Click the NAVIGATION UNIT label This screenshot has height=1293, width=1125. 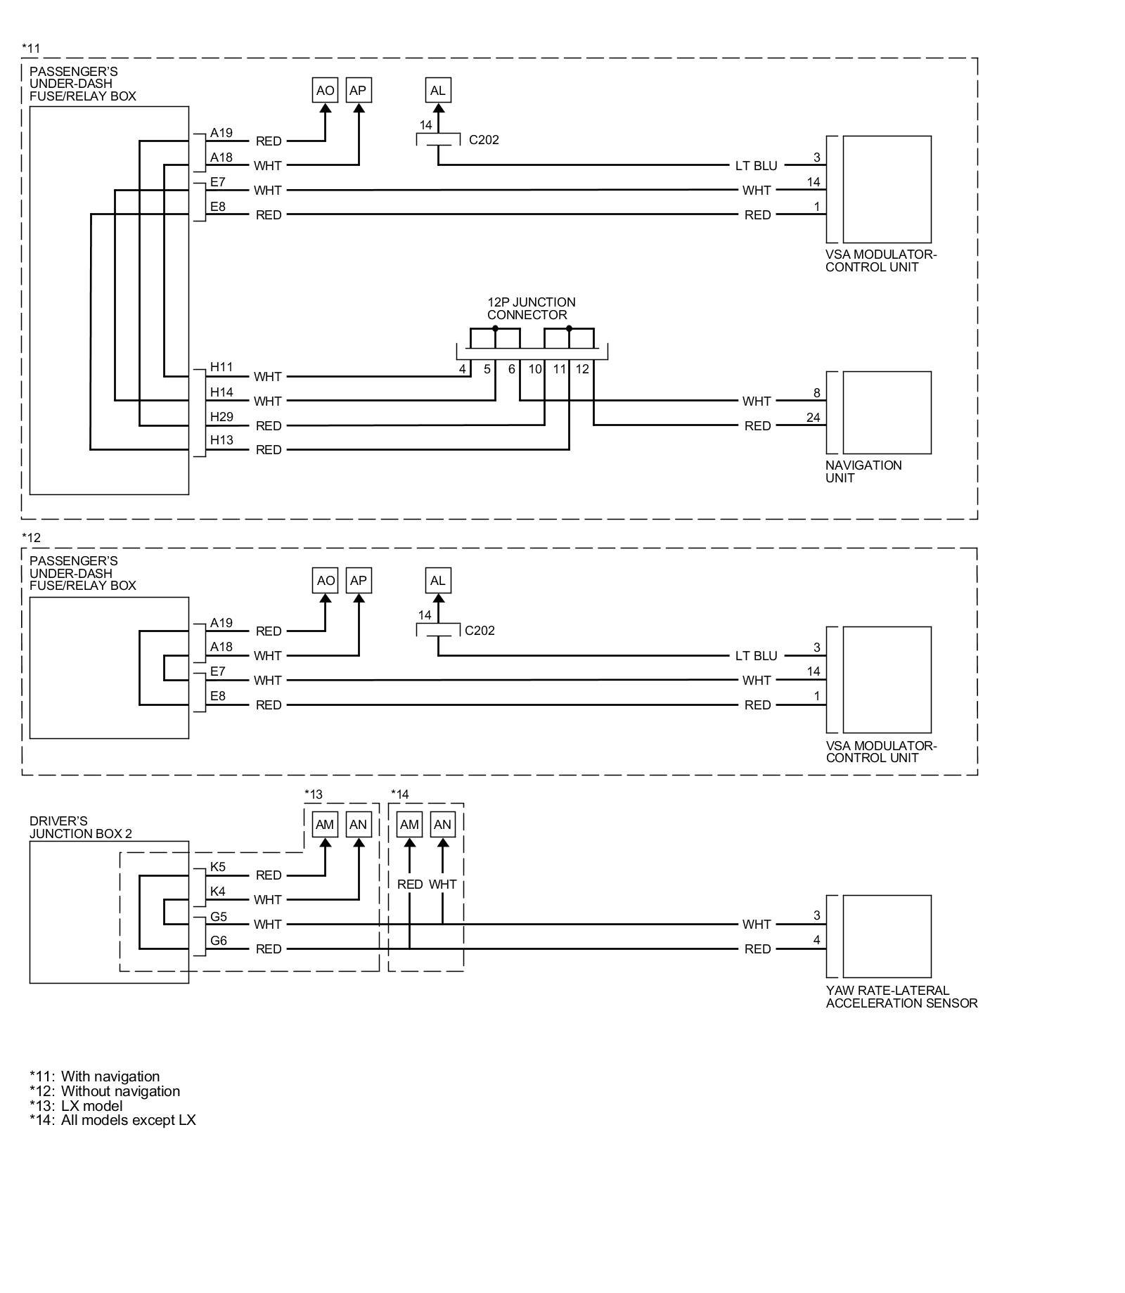pos(863,472)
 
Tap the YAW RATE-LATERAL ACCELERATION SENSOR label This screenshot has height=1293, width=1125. pos(901,997)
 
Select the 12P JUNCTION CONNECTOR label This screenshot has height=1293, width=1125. pos(531,309)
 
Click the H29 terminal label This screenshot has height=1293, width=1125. pos(221,417)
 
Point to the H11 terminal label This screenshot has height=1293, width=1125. pos(221,367)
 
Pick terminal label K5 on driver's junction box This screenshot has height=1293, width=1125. pos(218,867)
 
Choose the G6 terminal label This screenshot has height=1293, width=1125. pos(219,941)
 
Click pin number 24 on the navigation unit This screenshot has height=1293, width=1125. pos(813,418)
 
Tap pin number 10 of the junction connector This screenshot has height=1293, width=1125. pos(535,369)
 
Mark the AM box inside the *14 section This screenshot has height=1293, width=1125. pos(409,825)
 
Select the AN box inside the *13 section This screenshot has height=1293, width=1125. pos(358,825)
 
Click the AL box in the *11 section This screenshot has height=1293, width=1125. pos(437,91)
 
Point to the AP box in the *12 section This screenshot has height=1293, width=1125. pos(358,581)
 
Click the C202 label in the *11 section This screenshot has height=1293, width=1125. pos(484,140)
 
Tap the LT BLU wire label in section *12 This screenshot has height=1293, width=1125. pos(756,656)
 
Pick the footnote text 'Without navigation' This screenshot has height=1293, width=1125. pos(120,1091)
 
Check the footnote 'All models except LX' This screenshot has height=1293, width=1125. pos(128,1120)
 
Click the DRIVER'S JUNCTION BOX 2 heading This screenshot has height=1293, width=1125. pos(80,828)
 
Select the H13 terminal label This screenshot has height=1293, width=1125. pos(221,441)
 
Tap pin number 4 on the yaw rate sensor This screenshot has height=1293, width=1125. pos(816,940)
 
